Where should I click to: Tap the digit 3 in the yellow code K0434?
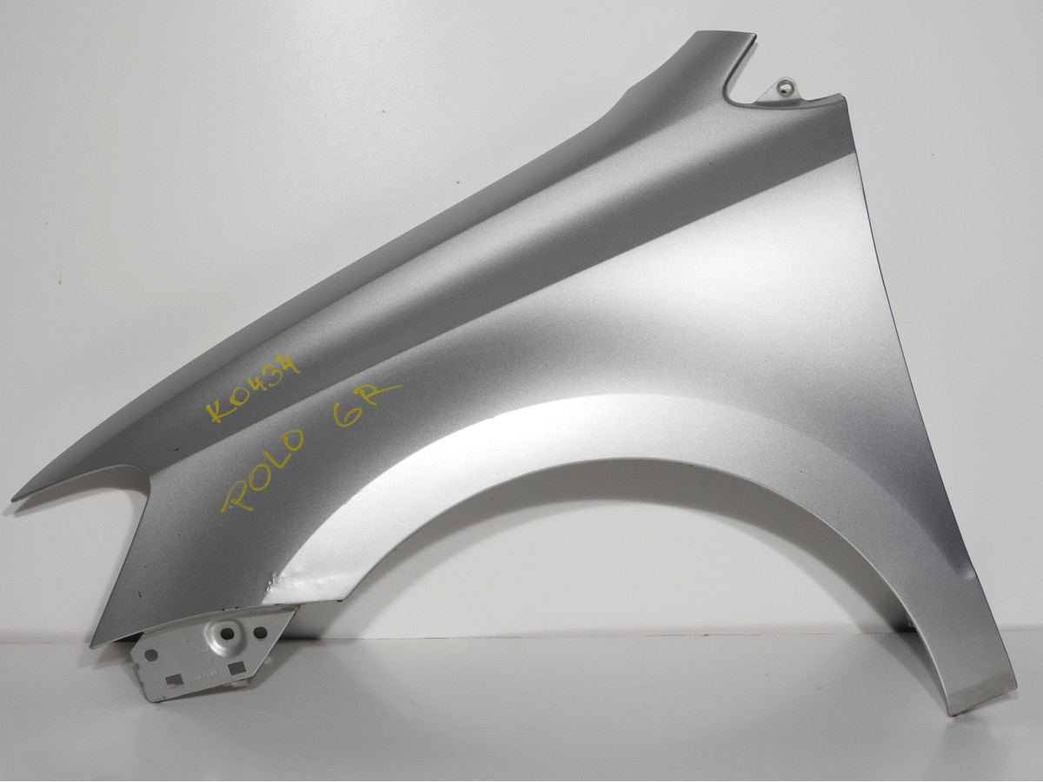(274, 377)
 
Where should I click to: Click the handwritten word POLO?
(262, 471)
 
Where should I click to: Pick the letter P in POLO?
(235, 493)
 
